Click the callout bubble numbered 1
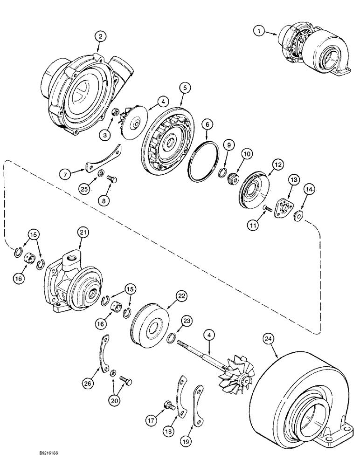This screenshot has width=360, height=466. [257, 31]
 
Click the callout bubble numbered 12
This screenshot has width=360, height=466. [278, 164]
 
